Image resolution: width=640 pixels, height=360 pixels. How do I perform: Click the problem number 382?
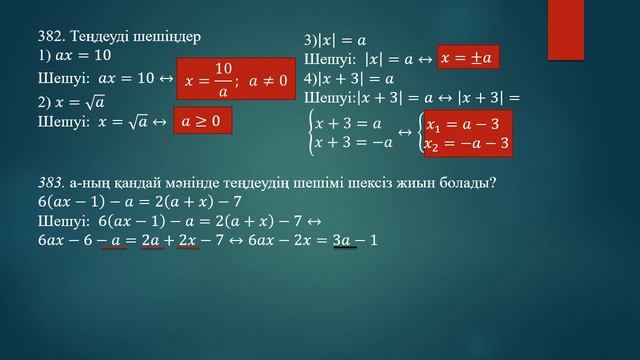50,36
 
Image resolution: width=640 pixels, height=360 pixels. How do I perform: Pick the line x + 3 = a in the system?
346,124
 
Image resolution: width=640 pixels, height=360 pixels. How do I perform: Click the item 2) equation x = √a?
79,102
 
